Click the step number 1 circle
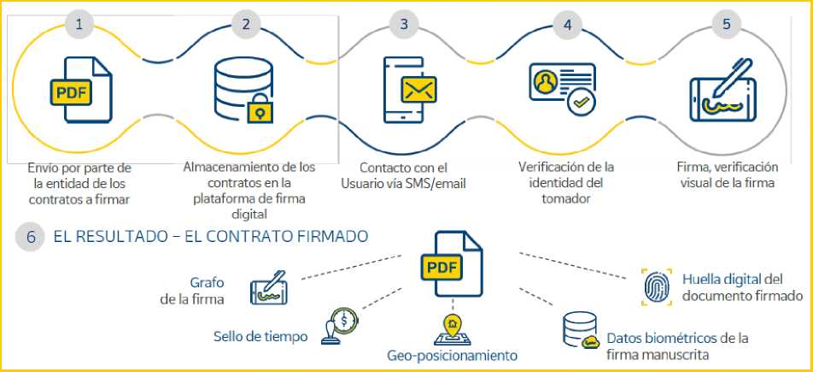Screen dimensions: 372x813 click(x=79, y=24)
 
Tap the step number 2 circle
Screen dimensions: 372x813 click(x=246, y=24)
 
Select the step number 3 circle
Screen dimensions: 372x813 click(x=404, y=24)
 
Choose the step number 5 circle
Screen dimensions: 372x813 click(x=727, y=24)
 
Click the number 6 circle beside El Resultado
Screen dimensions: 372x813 click(x=31, y=237)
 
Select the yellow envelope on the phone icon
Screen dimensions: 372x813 click(x=418, y=89)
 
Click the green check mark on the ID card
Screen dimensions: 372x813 click(x=582, y=103)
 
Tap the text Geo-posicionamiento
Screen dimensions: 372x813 click(x=452, y=355)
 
